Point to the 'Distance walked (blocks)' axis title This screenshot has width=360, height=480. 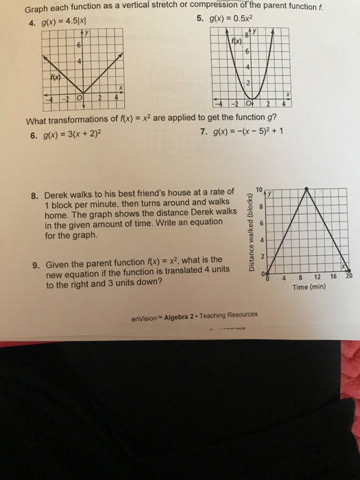click(253, 232)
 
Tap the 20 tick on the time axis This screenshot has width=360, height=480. click(348, 276)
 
